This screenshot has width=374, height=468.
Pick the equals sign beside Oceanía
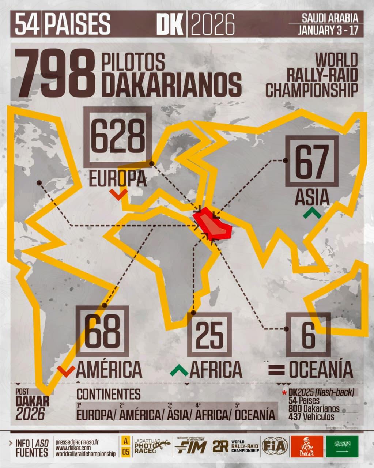pyautogui.click(x=276, y=370)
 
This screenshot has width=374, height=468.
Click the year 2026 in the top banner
pyautogui.click(x=212, y=24)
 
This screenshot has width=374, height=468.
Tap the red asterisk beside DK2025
pyautogui.click(x=284, y=394)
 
